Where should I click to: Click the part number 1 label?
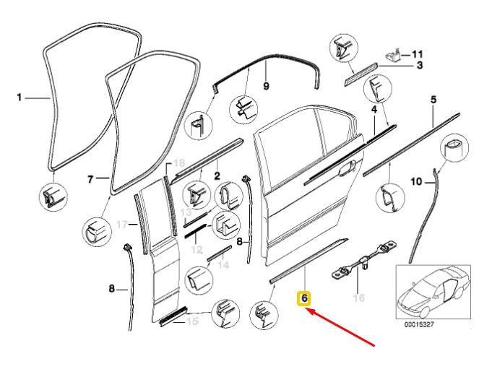(20, 96)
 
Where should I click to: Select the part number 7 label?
(91, 178)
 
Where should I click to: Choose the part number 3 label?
(418, 66)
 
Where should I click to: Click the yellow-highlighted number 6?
(305, 298)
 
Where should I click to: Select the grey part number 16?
(356, 297)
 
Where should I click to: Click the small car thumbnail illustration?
(433, 292)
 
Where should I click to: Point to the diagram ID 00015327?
(431, 325)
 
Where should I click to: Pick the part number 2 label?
(217, 174)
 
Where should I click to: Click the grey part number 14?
(223, 265)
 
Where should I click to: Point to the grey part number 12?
(196, 249)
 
